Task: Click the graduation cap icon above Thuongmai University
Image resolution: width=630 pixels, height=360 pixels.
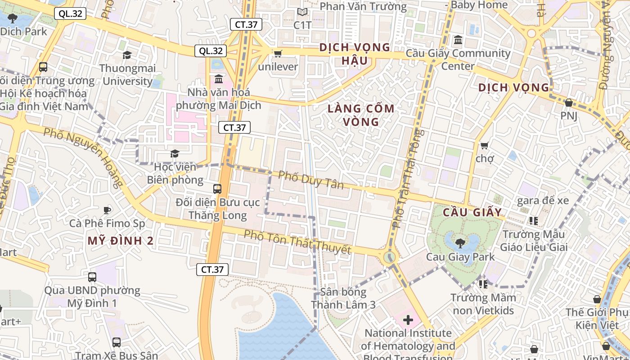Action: tap(127, 55)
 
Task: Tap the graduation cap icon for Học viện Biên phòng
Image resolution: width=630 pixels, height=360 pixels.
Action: tap(175, 154)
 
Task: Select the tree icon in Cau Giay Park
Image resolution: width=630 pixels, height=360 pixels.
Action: tap(460, 243)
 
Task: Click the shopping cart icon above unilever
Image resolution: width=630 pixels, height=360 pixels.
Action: tap(278, 54)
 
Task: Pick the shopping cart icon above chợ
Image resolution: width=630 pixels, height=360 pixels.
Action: tap(484, 145)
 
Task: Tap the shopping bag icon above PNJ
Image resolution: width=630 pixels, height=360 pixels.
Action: tap(568, 103)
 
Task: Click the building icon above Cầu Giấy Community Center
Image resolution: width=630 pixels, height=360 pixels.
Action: tap(458, 40)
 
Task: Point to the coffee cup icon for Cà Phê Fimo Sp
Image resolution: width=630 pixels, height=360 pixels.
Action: tap(107, 210)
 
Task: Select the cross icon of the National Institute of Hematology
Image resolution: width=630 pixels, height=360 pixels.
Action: tap(408, 320)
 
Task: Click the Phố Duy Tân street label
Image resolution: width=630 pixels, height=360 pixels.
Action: tap(310, 180)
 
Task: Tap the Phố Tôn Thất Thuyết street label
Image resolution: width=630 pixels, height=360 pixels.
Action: tap(297, 242)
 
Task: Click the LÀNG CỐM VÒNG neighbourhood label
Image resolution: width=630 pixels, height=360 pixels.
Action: tap(361, 115)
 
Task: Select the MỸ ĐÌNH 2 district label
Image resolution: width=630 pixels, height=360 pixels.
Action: tap(121, 241)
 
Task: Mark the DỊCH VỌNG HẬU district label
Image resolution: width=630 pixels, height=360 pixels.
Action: tap(355, 54)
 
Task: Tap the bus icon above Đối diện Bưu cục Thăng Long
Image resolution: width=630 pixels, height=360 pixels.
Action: tap(217, 189)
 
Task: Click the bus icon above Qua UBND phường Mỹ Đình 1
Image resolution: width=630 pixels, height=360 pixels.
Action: tap(92, 277)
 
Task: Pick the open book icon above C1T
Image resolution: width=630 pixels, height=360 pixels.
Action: tap(302, 12)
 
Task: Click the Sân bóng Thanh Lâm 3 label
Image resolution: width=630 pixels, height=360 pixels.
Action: tap(343, 298)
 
